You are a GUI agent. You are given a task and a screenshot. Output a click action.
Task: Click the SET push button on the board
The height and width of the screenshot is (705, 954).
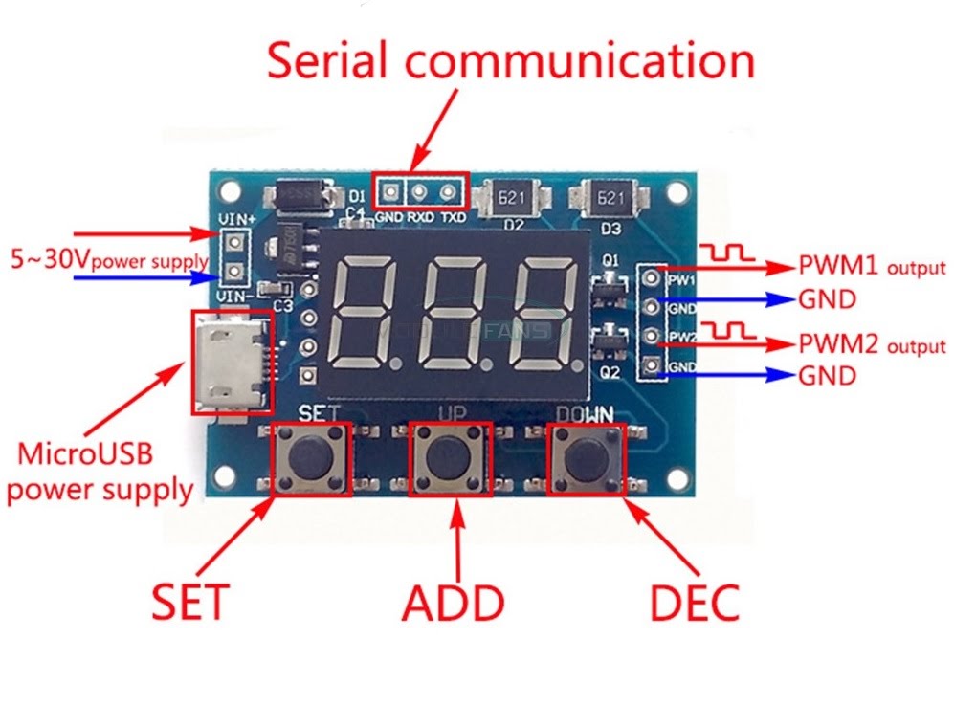(311, 458)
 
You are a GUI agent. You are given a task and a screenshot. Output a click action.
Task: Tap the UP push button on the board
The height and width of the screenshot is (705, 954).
(451, 458)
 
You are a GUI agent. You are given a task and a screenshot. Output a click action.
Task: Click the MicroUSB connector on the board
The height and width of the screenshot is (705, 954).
(231, 362)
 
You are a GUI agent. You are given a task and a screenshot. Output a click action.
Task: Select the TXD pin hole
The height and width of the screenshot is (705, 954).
(447, 192)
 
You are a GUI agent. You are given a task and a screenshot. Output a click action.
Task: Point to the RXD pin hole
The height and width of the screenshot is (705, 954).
(419, 192)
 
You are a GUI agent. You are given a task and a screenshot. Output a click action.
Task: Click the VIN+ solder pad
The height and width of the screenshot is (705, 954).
(232, 243)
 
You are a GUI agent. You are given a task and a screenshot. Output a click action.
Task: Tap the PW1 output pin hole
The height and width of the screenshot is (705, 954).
(652, 279)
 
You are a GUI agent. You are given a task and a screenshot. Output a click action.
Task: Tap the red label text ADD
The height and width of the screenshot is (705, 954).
(453, 603)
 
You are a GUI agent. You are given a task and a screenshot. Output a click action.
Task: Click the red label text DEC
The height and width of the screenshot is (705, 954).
(695, 603)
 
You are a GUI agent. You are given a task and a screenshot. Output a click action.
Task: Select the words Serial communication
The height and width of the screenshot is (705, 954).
(510, 59)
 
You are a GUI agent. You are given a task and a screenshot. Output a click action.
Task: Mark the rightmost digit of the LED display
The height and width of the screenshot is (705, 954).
(543, 314)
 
